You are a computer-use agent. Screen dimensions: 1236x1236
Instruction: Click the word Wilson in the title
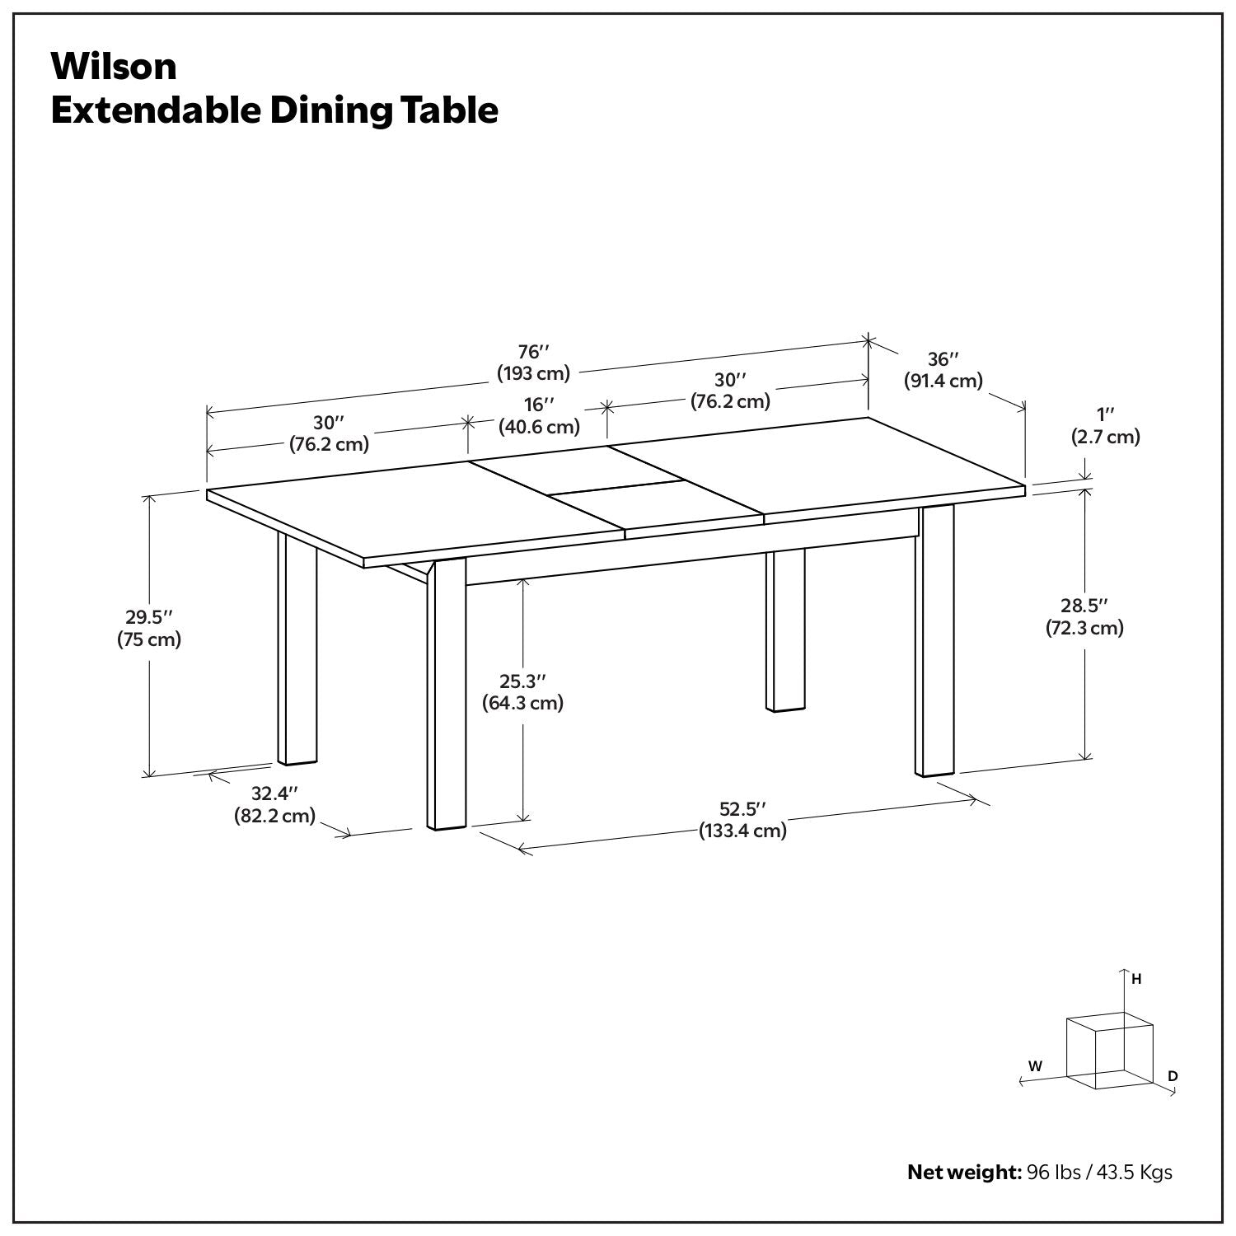pyautogui.click(x=114, y=67)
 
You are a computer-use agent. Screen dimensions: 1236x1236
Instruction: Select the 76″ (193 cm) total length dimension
pyautogui.click(x=533, y=363)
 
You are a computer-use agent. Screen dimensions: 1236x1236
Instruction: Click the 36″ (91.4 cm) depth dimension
pyautogui.click(x=943, y=370)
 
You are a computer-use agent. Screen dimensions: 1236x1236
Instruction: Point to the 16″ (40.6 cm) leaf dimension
pyautogui.click(x=539, y=415)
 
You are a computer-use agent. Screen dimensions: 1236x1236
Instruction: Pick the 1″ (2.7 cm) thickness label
pyautogui.click(x=1105, y=425)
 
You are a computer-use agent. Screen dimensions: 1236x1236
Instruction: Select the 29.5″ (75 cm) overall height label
pyautogui.click(x=148, y=628)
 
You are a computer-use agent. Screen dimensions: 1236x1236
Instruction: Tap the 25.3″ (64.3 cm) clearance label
pyautogui.click(x=522, y=692)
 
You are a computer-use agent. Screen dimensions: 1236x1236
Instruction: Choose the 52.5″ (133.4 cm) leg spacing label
pyautogui.click(x=742, y=819)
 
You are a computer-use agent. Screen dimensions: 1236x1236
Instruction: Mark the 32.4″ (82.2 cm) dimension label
pyautogui.click(x=274, y=805)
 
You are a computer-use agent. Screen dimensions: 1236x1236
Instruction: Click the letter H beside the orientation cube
pyautogui.click(x=1136, y=979)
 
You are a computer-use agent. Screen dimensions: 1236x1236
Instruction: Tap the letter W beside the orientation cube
pyautogui.click(x=1035, y=1065)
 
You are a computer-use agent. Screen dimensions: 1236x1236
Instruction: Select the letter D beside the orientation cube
pyautogui.click(x=1173, y=1076)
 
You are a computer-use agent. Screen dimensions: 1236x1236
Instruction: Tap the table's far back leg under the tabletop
pyautogui.click(x=785, y=630)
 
